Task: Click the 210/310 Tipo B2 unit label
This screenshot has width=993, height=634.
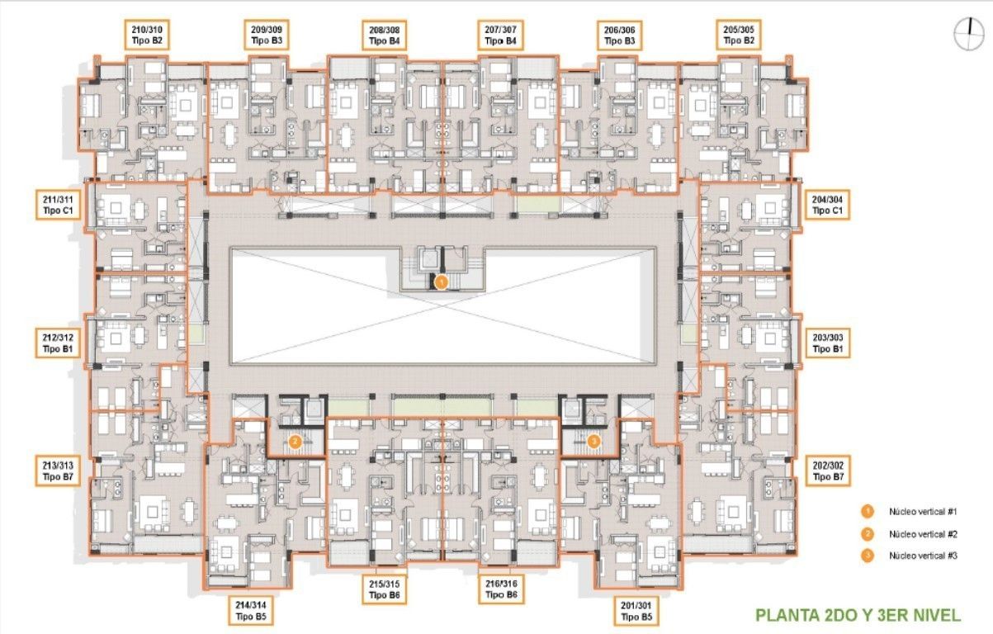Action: pyautogui.click(x=147, y=35)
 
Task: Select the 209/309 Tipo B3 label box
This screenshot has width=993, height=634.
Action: pyautogui.click(x=267, y=35)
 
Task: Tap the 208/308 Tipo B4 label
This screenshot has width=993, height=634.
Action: pyautogui.click(x=385, y=35)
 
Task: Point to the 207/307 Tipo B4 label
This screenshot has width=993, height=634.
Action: pyautogui.click(x=500, y=35)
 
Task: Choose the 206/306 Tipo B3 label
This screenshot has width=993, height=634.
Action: pyautogui.click(x=619, y=35)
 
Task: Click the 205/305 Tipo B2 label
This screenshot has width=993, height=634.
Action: pyautogui.click(x=739, y=35)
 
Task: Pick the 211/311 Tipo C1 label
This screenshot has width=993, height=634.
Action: pyautogui.click(x=58, y=205)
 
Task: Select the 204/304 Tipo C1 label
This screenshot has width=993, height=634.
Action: pyautogui.click(x=827, y=205)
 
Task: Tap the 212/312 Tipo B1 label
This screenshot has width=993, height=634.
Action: pyautogui.click(x=58, y=343)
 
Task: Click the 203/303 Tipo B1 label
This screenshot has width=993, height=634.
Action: pyautogui.click(x=828, y=343)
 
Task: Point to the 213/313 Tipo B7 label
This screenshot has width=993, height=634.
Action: pyautogui.click(x=58, y=471)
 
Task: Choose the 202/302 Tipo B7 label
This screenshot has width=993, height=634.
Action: pyautogui.click(x=828, y=471)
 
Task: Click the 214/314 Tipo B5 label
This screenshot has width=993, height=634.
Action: pyautogui.click(x=251, y=610)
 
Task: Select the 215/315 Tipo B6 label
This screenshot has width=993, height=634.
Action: pyautogui.click(x=385, y=589)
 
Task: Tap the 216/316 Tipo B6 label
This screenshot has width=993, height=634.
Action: pyautogui.click(x=501, y=589)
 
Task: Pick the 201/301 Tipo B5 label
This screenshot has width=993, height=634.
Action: pyautogui.click(x=636, y=611)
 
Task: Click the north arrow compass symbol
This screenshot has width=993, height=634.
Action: pyautogui.click(x=968, y=34)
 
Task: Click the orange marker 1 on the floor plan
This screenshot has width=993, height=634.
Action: pyautogui.click(x=441, y=282)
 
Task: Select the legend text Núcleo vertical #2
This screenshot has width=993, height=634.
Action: pyautogui.click(x=923, y=534)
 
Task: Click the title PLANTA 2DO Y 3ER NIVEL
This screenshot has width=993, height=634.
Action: pyautogui.click(x=858, y=615)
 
